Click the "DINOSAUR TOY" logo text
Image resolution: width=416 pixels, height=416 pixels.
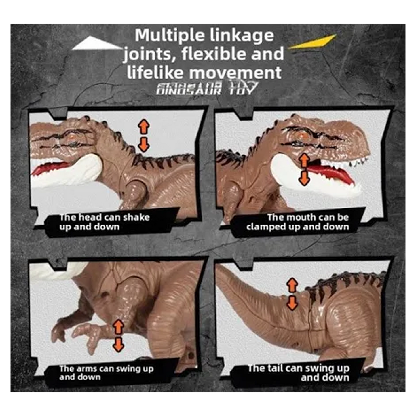[x=206, y=89]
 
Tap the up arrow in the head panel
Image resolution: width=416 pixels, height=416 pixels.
[x=144, y=126]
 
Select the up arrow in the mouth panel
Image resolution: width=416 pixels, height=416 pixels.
[x=304, y=160]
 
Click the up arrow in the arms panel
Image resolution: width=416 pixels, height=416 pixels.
[x=118, y=327]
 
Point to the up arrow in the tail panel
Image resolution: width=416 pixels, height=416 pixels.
[x=292, y=285]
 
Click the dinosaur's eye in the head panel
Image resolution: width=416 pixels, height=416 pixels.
[x=73, y=137]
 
